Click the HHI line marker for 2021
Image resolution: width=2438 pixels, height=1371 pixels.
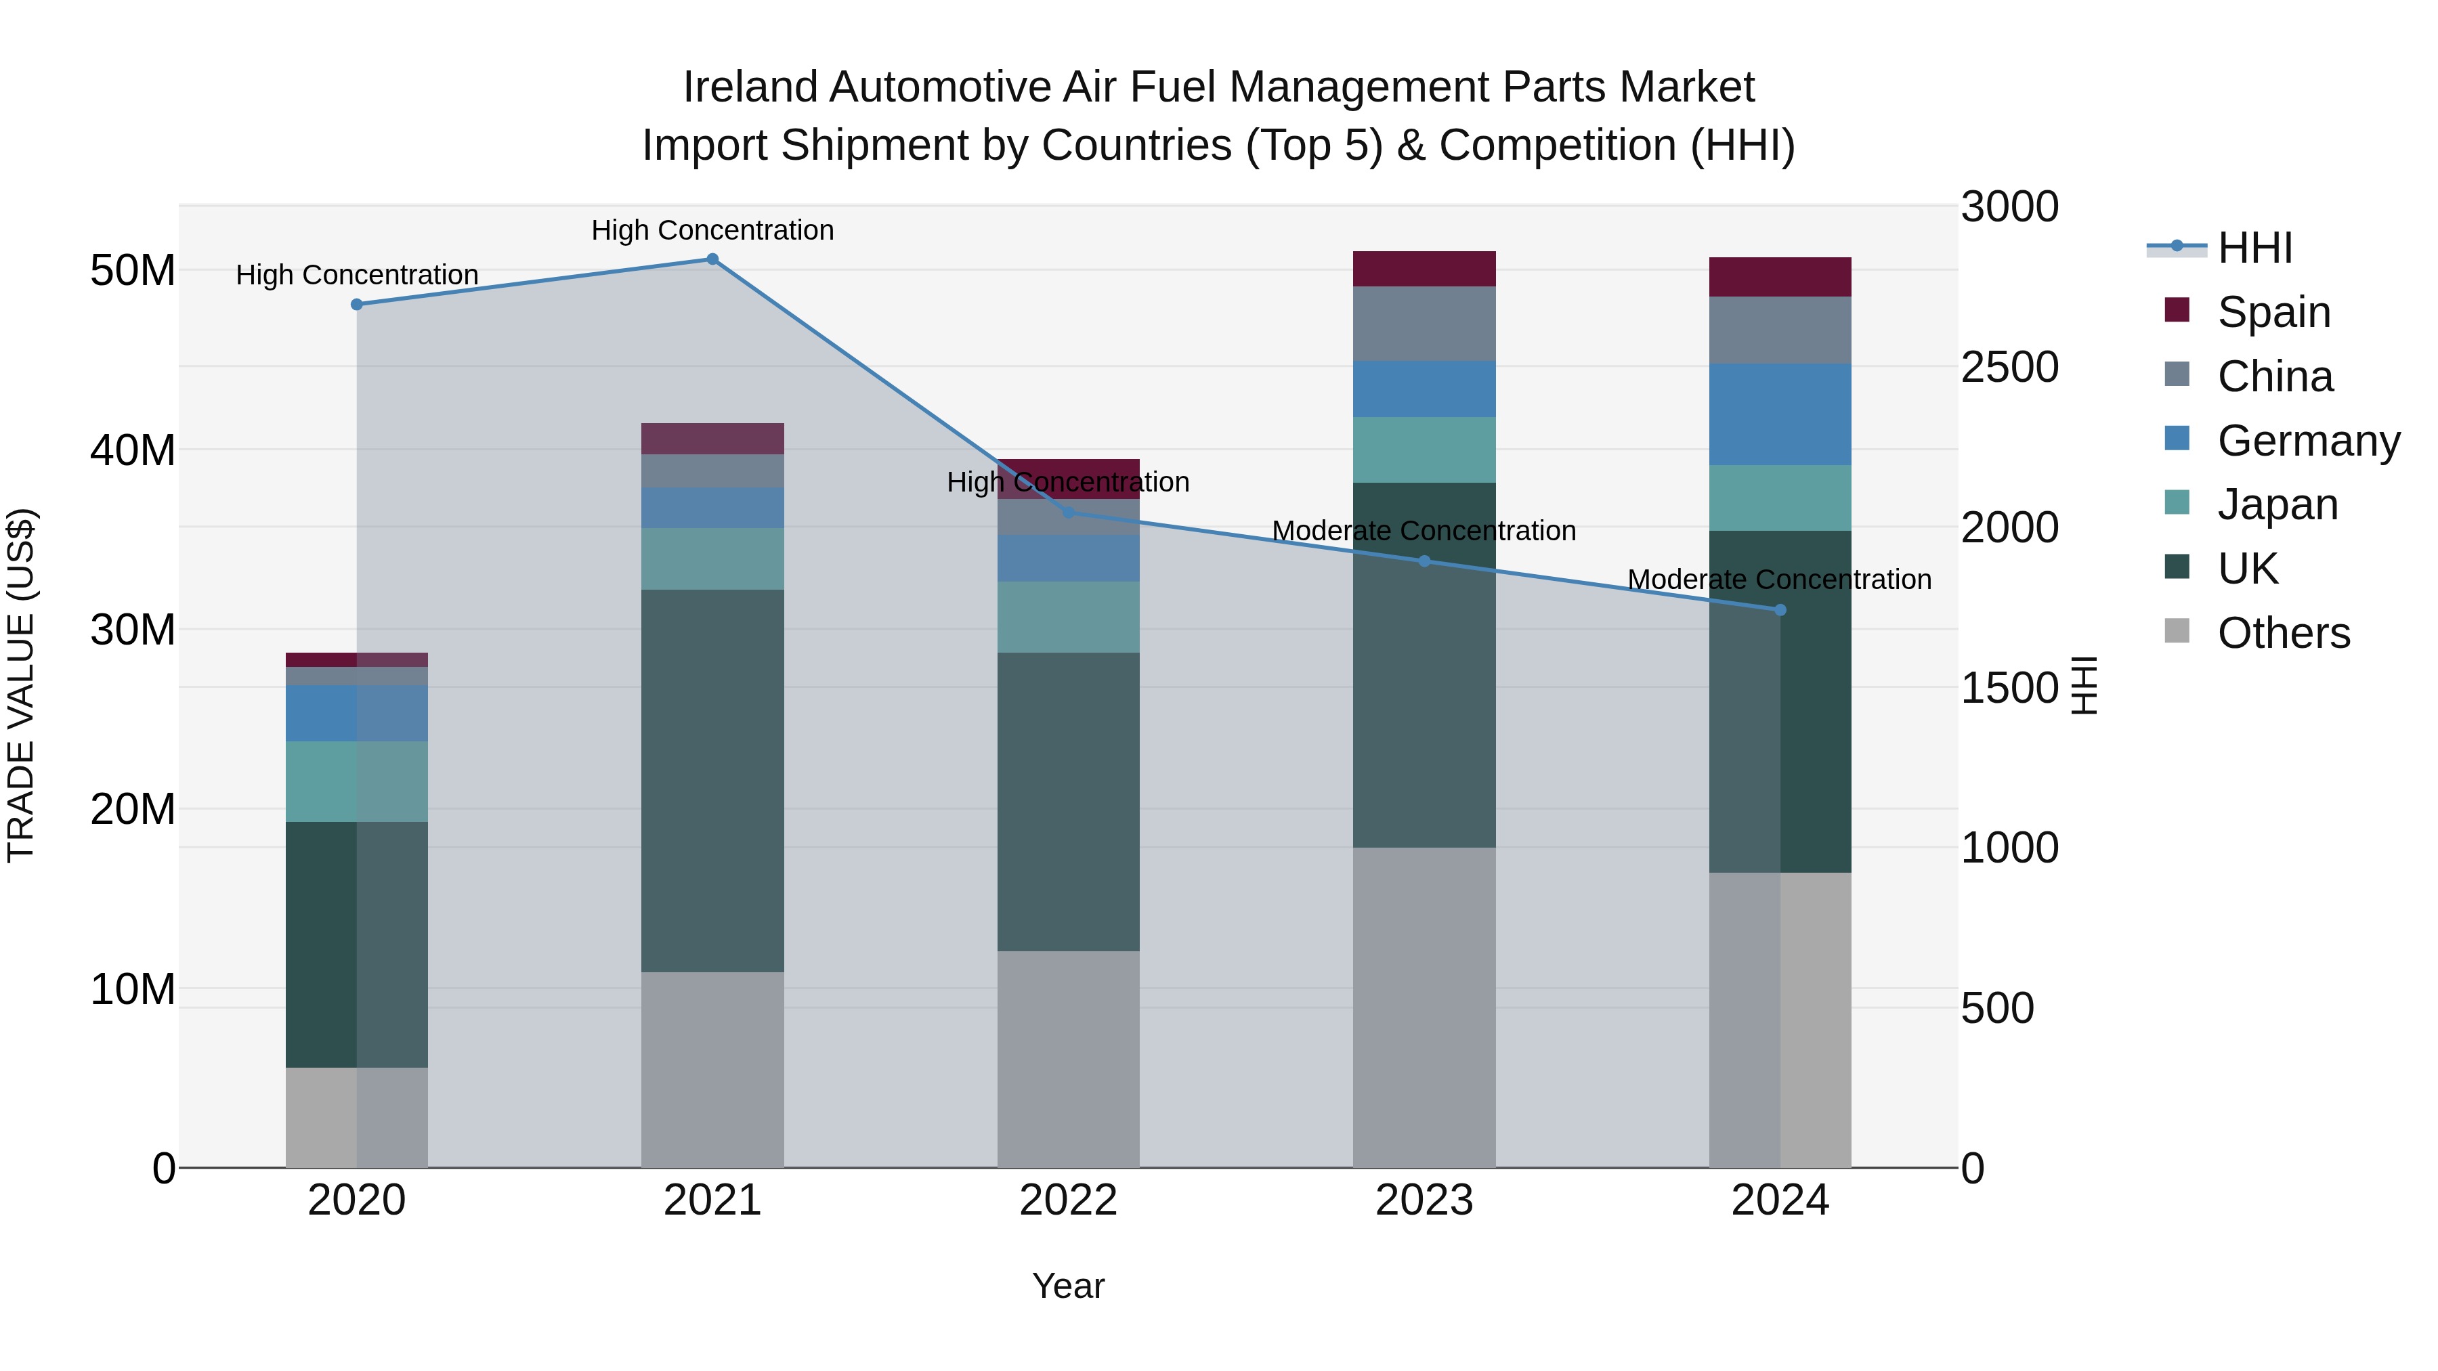pos(712,259)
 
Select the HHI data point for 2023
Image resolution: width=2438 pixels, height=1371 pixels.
pos(1424,561)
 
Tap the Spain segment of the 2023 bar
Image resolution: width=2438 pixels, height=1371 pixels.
pos(1424,269)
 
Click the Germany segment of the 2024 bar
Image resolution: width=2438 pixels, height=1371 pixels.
pos(1780,414)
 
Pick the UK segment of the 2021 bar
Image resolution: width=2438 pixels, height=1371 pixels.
pos(712,781)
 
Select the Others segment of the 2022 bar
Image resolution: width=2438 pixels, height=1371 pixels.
pos(1069,1059)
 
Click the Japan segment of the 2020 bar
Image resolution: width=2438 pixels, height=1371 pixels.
pos(357,781)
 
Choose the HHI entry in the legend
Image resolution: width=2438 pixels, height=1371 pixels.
pos(2254,248)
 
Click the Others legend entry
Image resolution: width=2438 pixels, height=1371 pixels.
pos(2283,633)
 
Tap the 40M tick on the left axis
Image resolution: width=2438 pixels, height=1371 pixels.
pos(133,450)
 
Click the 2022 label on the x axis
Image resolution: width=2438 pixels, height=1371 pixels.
pos(1069,1200)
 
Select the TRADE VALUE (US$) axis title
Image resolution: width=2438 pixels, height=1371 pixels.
pos(21,685)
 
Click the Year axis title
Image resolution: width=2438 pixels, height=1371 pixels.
pos(1069,1286)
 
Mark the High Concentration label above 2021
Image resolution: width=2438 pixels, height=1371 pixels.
pos(712,230)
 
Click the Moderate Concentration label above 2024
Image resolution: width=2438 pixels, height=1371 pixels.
pos(1779,579)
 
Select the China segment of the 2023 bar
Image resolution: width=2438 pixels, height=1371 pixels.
pos(1424,324)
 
